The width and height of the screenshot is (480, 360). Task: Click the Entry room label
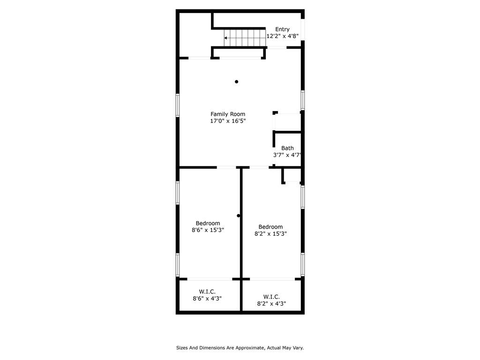click(x=282, y=30)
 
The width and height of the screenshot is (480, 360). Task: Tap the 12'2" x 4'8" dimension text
click(x=282, y=36)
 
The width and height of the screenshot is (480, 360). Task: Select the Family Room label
click(x=228, y=114)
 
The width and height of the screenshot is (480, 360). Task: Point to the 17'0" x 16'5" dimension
click(x=228, y=121)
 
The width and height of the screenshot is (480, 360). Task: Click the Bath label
click(x=287, y=148)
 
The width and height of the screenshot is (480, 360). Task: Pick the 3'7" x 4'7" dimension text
click(x=287, y=155)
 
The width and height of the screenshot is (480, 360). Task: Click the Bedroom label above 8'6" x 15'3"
click(x=208, y=224)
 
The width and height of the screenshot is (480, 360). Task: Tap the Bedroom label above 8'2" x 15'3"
click(x=270, y=227)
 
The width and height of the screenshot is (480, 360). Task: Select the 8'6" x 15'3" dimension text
click(x=208, y=230)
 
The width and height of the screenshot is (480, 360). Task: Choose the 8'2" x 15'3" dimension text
click(x=270, y=233)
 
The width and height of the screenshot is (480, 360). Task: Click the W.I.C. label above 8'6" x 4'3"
click(x=207, y=292)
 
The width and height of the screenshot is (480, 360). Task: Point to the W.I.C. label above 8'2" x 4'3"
click(x=271, y=297)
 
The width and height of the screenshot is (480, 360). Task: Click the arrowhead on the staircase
click(x=225, y=38)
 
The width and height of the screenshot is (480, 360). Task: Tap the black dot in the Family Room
click(x=236, y=82)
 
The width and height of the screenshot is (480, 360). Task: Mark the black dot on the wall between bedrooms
click(x=239, y=216)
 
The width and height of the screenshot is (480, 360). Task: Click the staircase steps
click(x=245, y=38)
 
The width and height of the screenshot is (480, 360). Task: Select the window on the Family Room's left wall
click(x=178, y=105)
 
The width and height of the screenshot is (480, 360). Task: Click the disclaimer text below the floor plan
click(x=240, y=348)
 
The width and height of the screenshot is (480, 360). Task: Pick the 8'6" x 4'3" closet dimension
click(x=207, y=299)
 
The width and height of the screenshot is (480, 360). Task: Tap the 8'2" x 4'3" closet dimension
click(x=271, y=304)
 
